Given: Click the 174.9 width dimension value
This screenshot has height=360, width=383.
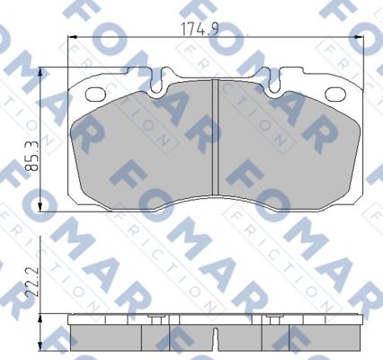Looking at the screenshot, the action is point(200,29).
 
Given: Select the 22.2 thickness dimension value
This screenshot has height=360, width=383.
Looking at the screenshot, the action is point(31,282).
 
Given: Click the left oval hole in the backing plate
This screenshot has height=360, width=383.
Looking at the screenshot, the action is point(94,94).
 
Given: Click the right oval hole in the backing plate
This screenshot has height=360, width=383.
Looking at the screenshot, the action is point(334,94).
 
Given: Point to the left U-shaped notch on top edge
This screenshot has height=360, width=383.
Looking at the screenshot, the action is point(156,80).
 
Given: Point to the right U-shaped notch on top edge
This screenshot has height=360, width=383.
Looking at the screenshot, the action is point(273,80).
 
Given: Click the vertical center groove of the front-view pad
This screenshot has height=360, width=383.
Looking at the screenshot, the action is point(215,137).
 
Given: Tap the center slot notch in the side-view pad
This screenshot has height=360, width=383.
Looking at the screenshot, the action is point(215,339).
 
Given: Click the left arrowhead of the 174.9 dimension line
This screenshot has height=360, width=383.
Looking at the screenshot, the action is point(73,37).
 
